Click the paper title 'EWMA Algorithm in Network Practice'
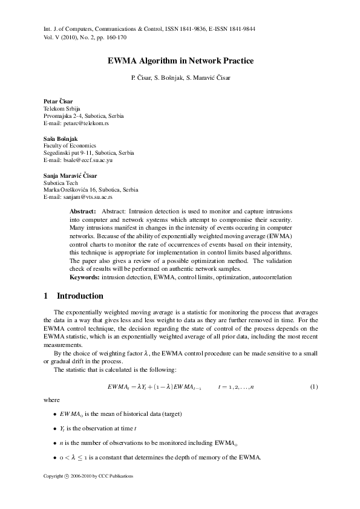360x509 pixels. click(x=180, y=61)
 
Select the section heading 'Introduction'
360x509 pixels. click(x=80, y=296)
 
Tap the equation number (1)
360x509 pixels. click(x=314, y=386)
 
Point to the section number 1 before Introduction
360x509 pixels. click(x=46, y=296)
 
